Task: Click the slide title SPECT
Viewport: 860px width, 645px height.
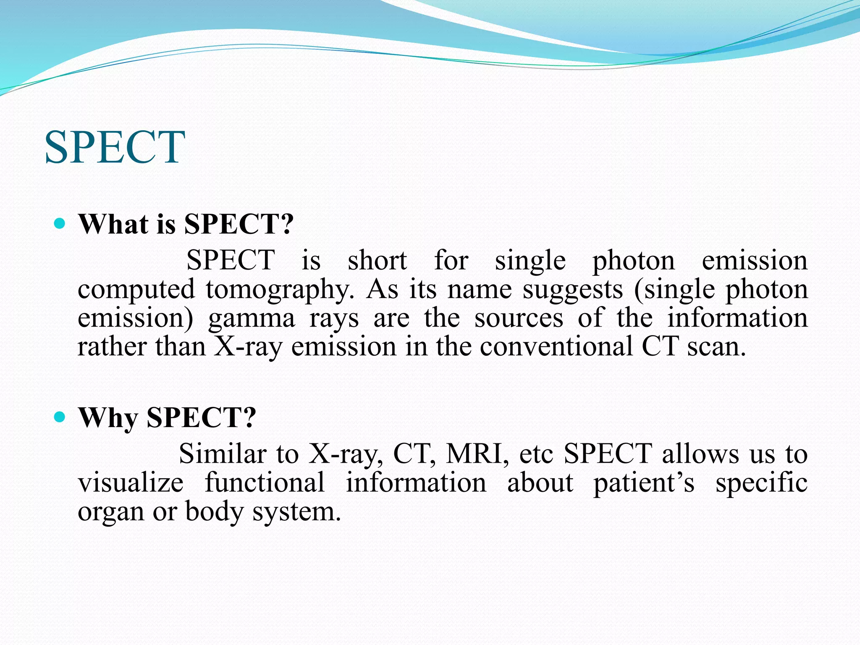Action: pyautogui.click(x=115, y=147)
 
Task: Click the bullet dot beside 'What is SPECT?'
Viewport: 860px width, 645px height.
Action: pyautogui.click(x=60, y=223)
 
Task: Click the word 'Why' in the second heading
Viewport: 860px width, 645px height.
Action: pyautogui.click(x=108, y=418)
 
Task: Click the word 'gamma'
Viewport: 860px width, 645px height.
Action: pyautogui.click(x=252, y=319)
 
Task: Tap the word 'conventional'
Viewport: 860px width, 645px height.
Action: pyautogui.click(x=556, y=347)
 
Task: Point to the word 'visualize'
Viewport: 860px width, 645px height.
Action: pyautogui.click(x=131, y=483)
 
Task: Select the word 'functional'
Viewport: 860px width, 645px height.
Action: pyautogui.click(x=265, y=483)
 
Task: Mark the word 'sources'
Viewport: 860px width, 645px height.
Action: pyautogui.click(x=519, y=319)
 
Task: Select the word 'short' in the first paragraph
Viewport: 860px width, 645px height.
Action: pyautogui.click(x=377, y=261)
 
